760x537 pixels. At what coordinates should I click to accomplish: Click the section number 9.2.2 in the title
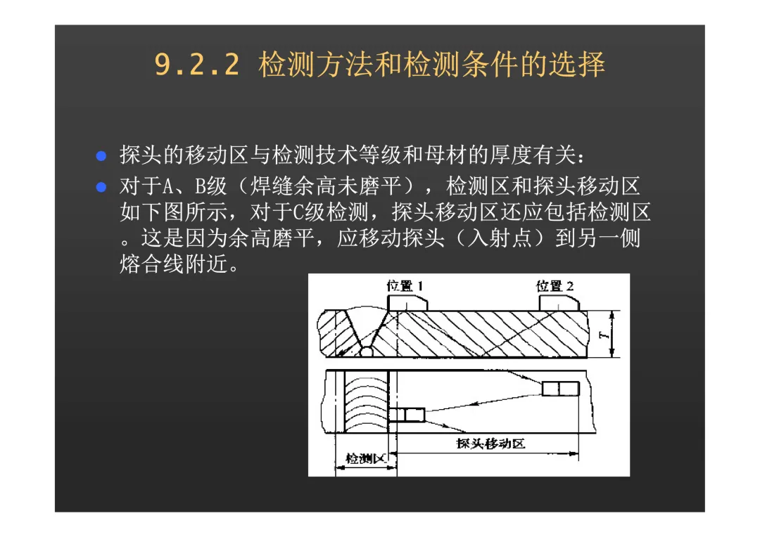tap(197, 65)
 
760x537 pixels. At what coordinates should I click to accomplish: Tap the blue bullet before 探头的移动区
tap(101, 156)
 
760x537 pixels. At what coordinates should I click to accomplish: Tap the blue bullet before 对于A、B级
tap(101, 187)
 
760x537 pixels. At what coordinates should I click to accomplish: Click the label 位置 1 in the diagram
tap(405, 286)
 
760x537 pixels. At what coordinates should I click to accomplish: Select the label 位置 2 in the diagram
tap(555, 286)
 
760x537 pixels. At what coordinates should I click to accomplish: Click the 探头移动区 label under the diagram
tap(490, 444)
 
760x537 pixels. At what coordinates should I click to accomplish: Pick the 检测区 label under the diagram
tap(365, 458)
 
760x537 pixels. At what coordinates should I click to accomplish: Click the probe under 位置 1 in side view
tap(407, 304)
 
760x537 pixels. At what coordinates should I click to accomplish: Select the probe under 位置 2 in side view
tap(559, 304)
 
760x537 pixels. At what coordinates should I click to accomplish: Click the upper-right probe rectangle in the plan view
tap(561, 389)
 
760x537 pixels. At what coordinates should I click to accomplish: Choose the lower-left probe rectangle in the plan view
tap(407, 415)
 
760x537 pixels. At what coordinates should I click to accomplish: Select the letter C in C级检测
tap(298, 212)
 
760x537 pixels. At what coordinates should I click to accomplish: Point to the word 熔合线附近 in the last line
tap(174, 264)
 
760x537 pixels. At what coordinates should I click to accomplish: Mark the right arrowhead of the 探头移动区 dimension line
tap(574, 454)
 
